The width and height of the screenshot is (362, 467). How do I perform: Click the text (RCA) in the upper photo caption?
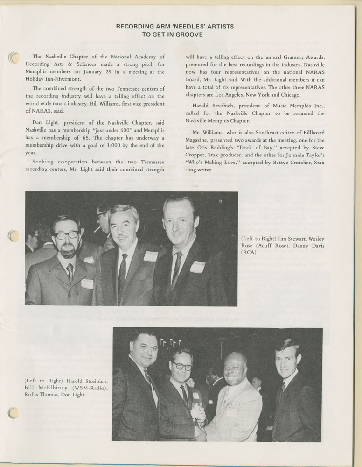[x=249, y=253]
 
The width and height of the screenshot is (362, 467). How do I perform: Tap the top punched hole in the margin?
[x=14, y=58]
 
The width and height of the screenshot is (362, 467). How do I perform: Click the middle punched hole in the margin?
[x=14, y=236]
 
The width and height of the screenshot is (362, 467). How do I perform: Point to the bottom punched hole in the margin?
[x=14, y=413]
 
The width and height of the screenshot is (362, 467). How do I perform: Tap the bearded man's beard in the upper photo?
[x=68, y=252]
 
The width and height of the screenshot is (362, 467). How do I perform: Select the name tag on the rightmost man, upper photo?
[x=197, y=267]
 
